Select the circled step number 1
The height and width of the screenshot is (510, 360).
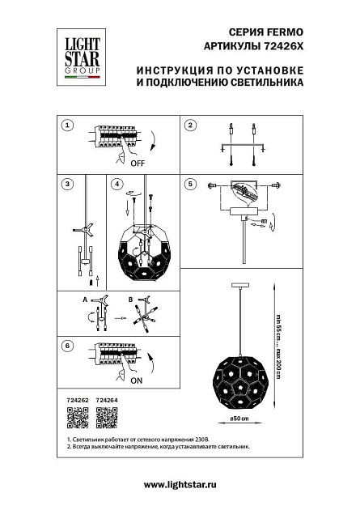coord(69,125)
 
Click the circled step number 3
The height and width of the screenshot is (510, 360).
coord(69,184)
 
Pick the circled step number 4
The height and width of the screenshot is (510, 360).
coord(118,184)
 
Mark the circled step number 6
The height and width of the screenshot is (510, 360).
coord(69,346)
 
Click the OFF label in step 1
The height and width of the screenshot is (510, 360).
coord(137,163)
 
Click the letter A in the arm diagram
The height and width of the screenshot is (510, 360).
coord(83,300)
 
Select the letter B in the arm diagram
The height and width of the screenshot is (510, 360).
coord(129,300)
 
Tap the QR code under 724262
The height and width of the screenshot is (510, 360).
coord(75,418)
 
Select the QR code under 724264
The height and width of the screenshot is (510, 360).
coord(107,418)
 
